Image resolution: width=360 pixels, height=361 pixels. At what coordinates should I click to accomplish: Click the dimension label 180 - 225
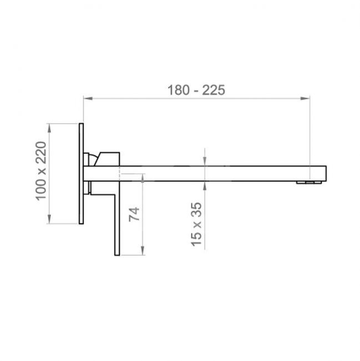tap(196, 90)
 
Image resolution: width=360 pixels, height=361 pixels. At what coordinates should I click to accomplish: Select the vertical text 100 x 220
tap(42, 171)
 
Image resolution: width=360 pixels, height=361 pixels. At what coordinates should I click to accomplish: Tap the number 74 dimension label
tap(134, 214)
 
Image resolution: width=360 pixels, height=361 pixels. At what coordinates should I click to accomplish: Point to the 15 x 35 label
tap(196, 224)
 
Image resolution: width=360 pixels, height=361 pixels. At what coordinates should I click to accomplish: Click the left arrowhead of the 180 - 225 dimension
tap(88, 98)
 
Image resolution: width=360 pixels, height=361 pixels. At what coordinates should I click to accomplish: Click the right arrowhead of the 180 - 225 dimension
tap(305, 98)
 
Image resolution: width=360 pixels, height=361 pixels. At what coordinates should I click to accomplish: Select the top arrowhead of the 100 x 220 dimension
tap(49, 128)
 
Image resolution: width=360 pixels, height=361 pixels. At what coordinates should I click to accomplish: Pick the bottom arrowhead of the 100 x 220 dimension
tap(49, 219)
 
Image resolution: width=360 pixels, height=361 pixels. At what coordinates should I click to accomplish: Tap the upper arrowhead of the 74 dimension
tap(143, 178)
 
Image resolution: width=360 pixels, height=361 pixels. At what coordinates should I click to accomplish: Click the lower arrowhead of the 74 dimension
tap(143, 250)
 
